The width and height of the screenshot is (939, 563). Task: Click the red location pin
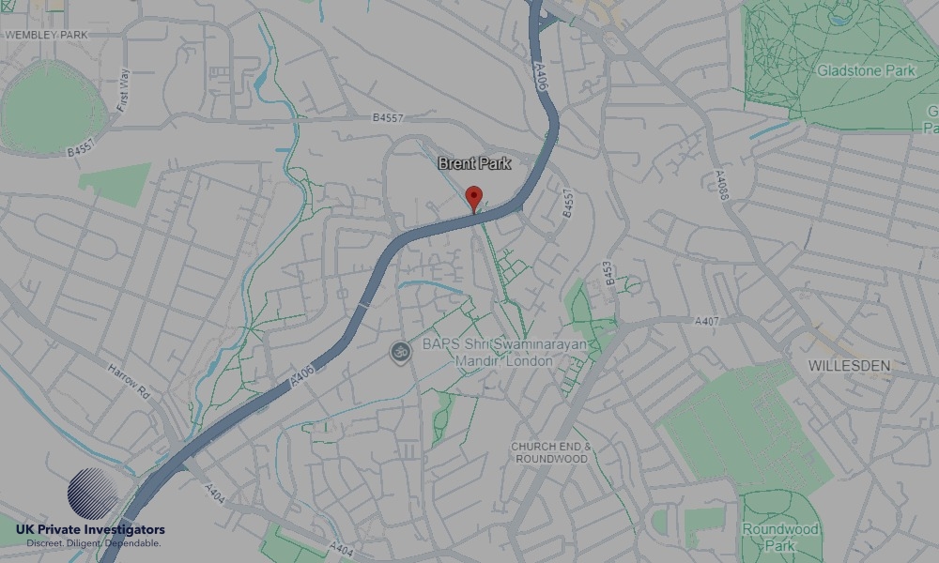(x=474, y=198)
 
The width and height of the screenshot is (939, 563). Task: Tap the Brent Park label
(x=474, y=163)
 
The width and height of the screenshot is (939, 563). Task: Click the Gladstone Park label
(x=865, y=70)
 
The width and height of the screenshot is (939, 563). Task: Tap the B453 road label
(x=609, y=272)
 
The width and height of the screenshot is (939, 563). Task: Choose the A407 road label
(x=707, y=321)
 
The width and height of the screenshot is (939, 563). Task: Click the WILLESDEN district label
(x=850, y=365)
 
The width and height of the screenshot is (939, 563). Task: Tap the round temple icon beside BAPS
(x=401, y=352)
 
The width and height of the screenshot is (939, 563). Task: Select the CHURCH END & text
(x=550, y=446)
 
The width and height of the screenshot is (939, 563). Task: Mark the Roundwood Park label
(x=780, y=537)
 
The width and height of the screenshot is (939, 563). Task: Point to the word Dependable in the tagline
(x=132, y=543)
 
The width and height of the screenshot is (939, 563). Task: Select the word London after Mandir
(x=531, y=361)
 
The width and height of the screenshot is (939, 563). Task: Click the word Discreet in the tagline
(x=45, y=543)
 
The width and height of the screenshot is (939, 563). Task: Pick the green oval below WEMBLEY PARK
(x=53, y=107)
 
